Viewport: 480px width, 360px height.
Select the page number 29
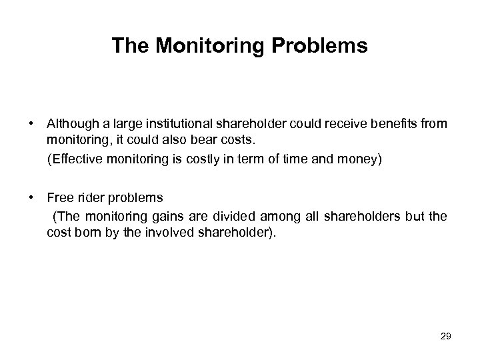pos(446,337)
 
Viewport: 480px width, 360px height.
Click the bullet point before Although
pos(32,123)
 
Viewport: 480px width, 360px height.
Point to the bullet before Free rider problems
pos(32,198)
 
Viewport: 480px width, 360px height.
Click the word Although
pos(69,123)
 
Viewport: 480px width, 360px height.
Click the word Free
pos(59,198)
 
